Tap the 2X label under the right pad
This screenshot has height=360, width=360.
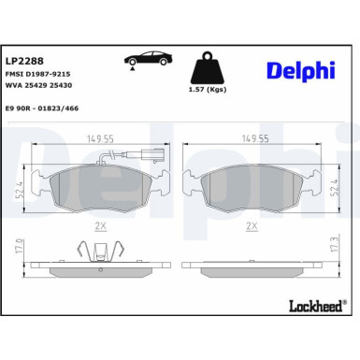click(x=251, y=226)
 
